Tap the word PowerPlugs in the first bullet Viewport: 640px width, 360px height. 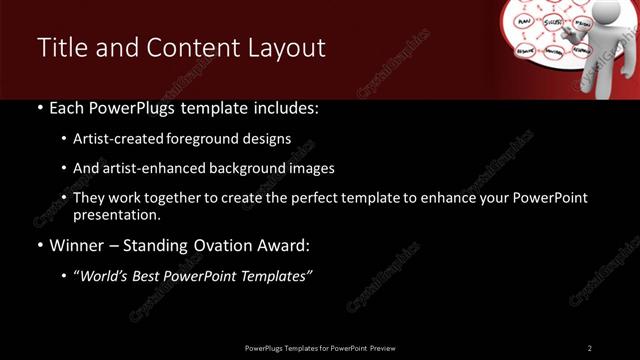pyautogui.click(x=122, y=107)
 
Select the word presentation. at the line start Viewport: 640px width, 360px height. pyautogui.click(x=117, y=215)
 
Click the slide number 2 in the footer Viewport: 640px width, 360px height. pyautogui.click(x=590, y=347)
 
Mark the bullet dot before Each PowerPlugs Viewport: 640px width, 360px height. pyautogui.click(x=39, y=107)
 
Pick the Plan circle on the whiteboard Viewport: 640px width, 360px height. pyautogui.click(x=522, y=19)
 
